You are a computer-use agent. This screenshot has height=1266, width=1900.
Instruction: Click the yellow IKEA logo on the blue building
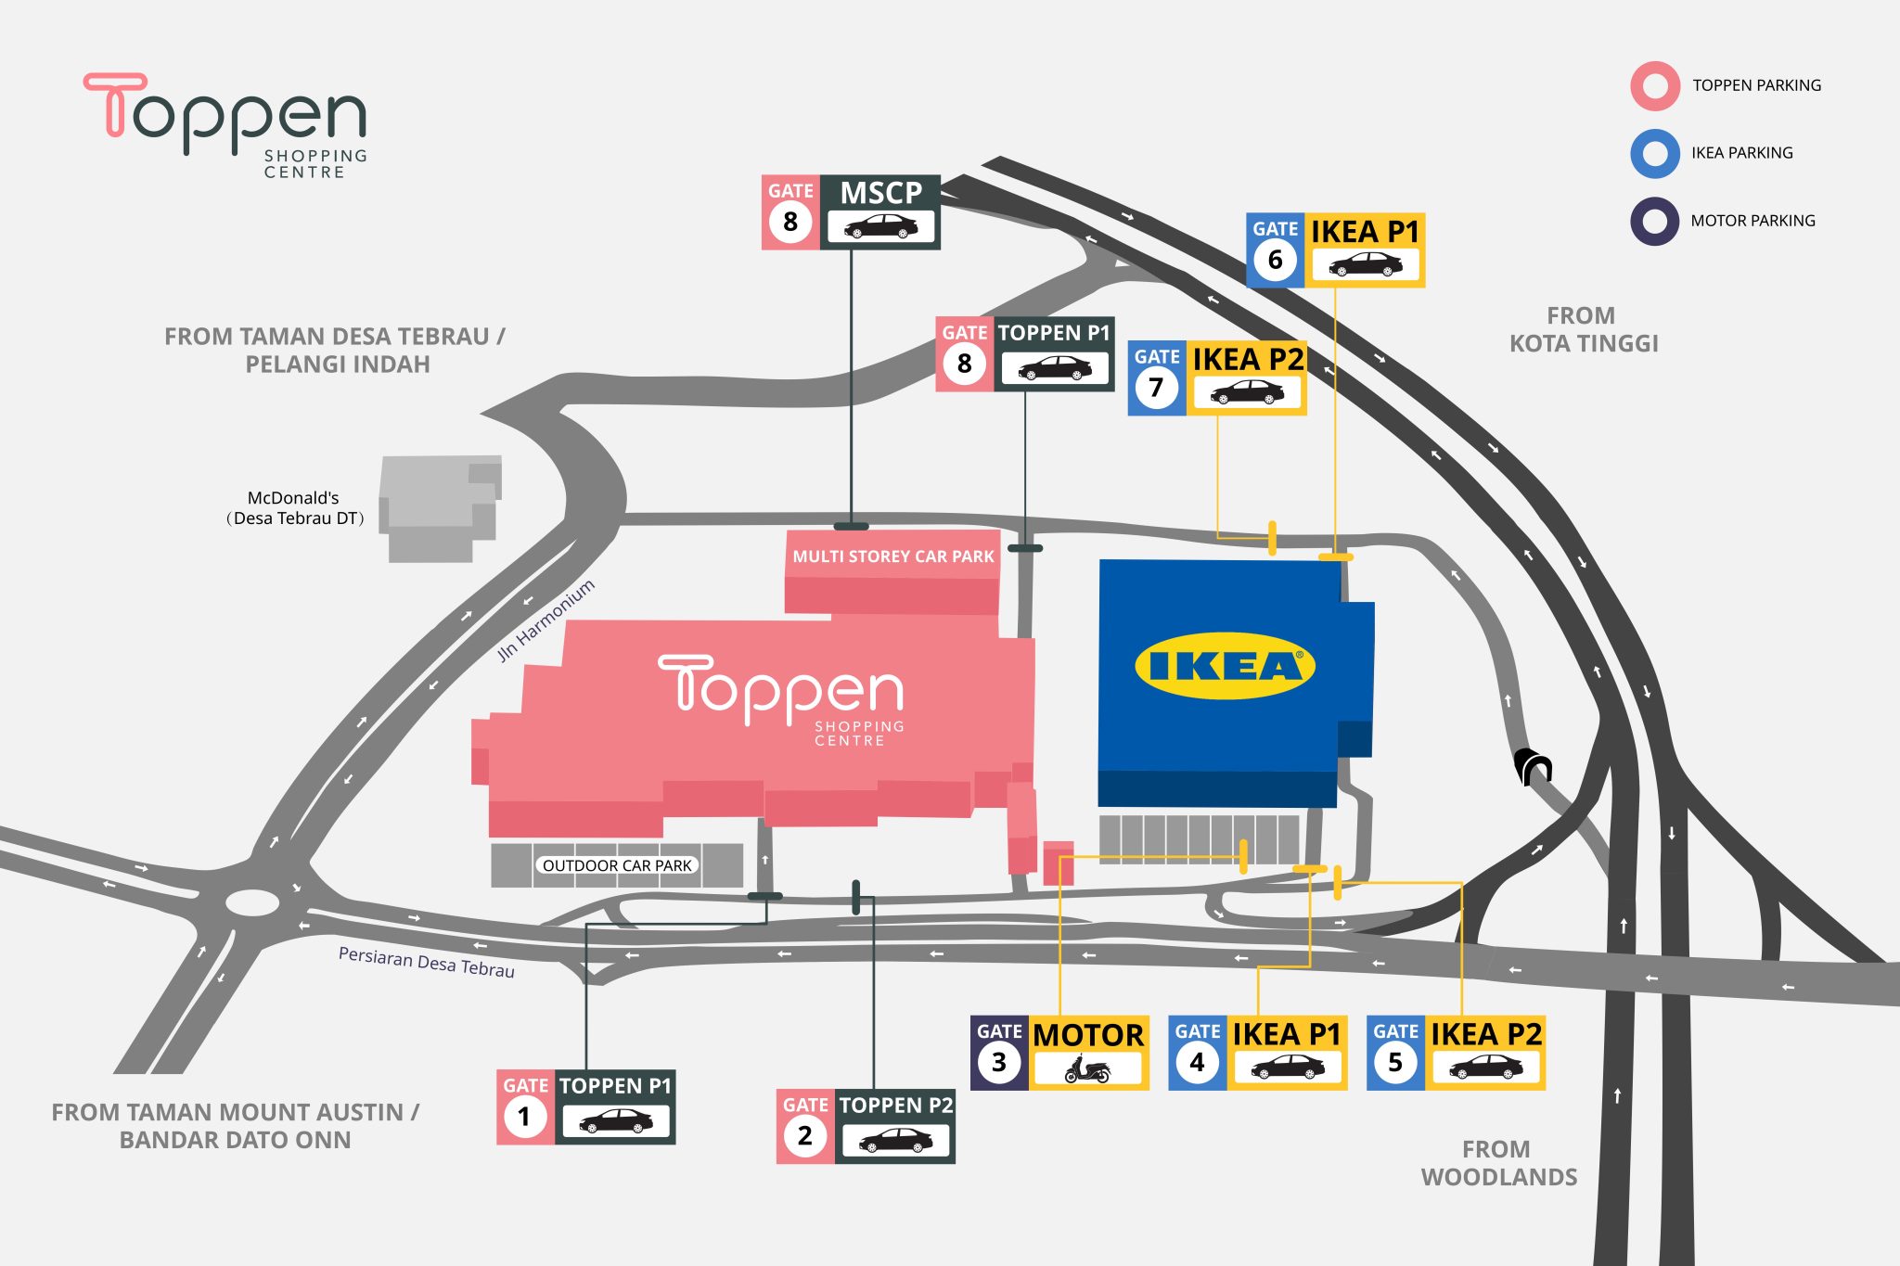1225,666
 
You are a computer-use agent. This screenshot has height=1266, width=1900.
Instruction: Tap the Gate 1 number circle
524,1116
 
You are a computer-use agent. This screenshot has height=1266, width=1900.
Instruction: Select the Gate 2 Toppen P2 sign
866,1126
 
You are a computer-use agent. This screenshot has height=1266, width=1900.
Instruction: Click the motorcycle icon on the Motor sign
1087,1069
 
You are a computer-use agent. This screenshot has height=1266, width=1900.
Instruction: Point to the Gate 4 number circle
1197,1062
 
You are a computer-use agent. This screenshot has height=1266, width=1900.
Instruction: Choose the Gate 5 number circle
1395,1062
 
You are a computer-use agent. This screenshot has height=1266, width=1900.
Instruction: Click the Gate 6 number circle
1275,260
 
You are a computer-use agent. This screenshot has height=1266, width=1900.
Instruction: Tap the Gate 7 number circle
1156,387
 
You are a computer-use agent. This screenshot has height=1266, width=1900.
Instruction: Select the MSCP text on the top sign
880,193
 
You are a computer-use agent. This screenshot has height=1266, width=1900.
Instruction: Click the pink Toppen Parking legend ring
1655,86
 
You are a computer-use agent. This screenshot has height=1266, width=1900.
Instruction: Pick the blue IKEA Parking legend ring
1655,154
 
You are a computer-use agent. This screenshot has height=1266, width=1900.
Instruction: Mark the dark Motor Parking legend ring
1655,222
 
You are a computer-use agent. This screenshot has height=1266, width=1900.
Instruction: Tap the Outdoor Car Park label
617,865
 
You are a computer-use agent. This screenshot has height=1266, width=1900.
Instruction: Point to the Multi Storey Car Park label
892,556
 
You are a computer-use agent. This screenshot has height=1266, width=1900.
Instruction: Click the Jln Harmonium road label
546,620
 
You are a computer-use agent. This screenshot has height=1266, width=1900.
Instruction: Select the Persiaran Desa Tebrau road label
426,962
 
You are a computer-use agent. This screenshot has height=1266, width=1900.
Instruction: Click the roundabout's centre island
251,902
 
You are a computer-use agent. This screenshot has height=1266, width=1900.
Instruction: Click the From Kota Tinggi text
1583,329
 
